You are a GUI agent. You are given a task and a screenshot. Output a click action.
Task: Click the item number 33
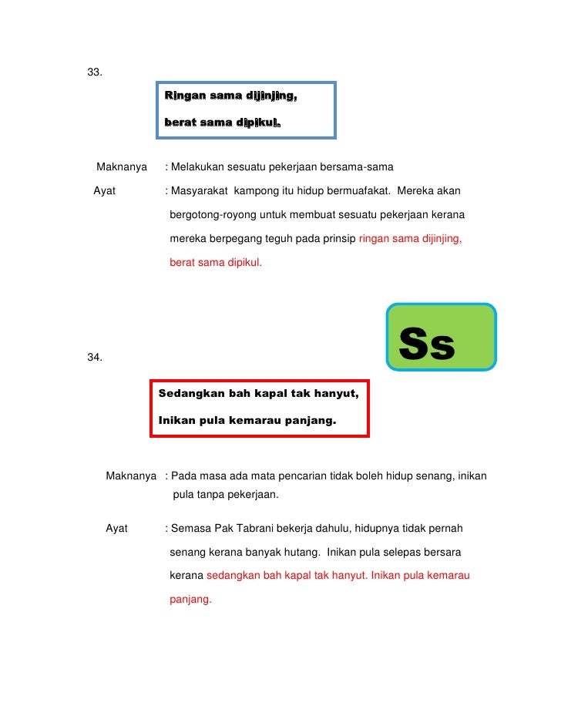click(95, 72)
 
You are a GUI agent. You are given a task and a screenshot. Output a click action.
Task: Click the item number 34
click(95, 358)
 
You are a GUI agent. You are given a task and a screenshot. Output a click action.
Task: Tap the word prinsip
click(337, 239)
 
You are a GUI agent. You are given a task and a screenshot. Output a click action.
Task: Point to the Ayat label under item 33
click(105, 190)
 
